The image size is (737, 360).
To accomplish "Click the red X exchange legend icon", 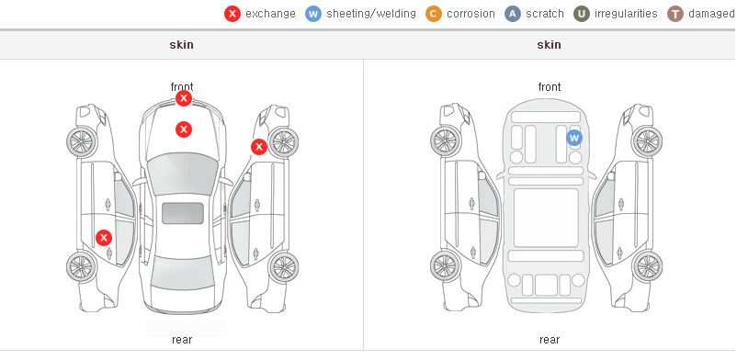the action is pyautogui.click(x=232, y=14).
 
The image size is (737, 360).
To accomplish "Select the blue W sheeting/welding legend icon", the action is pyautogui.click(x=313, y=14).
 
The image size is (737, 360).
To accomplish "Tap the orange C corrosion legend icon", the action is pyautogui.click(x=434, y=14).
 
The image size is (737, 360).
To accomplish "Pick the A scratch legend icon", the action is pyautogui.click(x=513, y=14).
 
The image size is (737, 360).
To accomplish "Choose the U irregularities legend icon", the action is pyautogui.click(x=582, y=14).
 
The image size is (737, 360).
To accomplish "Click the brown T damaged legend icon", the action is pyautogui.click(x=675, y=14).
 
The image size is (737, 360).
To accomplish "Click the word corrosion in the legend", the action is pyautogui.click(x=471, y=14).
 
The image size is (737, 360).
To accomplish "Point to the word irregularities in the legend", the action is pyautogui.click(x=626, y=14).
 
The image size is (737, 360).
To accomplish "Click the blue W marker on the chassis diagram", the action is pyautogui.click(x=574, y=138).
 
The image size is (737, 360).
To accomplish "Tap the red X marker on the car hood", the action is pyautogui.click(x=184, y=129).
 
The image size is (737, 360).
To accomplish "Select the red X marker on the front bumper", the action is pyautogui.click(x=184, y=98).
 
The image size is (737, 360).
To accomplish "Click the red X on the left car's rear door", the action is pyautogui.click(x=104, y=238).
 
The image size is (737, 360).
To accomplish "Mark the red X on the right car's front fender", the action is pyautogui.click(x=258, y=147).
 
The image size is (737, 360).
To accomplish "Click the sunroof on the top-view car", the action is pyautogui.click(x=183, y=213).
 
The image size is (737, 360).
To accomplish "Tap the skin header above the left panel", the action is pyautogui.click(x=181, y=45).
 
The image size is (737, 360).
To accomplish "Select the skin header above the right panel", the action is pyautogui.click(x=549, y=45).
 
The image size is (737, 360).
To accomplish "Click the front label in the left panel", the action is pyautogui.click(x=182, y=87).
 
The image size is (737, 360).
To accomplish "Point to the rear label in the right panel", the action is pyautogui.click(x=550, y=339).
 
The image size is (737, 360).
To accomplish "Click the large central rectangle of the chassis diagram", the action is pyautogui.click(x=546, y=218).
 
